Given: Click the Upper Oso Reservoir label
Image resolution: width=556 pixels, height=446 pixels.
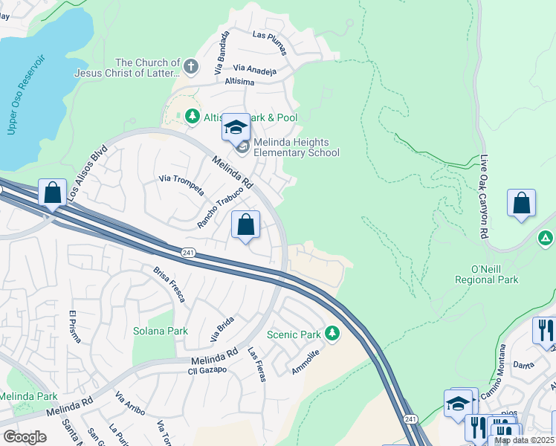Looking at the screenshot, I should pos(27,94).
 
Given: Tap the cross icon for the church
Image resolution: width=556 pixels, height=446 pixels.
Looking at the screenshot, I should pos(191,68).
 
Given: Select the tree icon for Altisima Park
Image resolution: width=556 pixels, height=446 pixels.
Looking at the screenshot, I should pos(192,117).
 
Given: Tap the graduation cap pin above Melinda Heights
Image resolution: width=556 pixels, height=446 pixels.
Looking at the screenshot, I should pos(236,127).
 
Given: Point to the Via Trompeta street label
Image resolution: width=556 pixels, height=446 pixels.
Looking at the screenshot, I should pos(181,184).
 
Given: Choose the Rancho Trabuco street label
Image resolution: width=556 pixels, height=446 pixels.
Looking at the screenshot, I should pos(221,205).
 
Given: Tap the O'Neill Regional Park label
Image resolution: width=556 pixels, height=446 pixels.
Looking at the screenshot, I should pos(486,274).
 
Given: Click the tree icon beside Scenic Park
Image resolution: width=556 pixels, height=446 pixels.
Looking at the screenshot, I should pos(333,334).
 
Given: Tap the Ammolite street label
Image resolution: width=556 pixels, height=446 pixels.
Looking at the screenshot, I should pos(306,363).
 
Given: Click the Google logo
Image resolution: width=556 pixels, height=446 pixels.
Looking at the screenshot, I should pos(25,437).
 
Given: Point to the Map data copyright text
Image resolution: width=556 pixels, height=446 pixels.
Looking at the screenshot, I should pos(524,440).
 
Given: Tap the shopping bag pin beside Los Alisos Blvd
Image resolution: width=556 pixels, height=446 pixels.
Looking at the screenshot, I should pos(53,193).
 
